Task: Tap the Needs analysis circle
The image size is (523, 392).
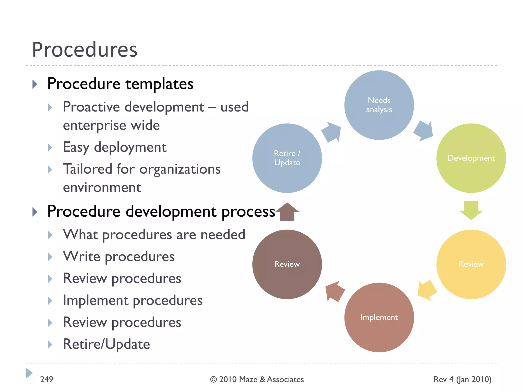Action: click(379, 105)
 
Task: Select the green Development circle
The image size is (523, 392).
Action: click(471, 158)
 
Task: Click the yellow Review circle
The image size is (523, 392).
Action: click(471, 264)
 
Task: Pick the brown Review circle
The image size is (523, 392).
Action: click(287, 264)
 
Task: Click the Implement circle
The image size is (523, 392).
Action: click(379, 317)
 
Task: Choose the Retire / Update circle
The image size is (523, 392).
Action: click(287, 158)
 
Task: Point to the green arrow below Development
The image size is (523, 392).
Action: click(471, 210)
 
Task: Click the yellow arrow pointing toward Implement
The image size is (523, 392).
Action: click(427, 290)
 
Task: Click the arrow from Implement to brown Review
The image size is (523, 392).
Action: click(335, 291)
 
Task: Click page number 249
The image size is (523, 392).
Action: click(46, 379)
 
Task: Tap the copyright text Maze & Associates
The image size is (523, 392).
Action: click(257, 379)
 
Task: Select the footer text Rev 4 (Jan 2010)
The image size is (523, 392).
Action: click(462, 379)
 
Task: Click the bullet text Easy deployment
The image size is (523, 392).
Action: click(115, 147)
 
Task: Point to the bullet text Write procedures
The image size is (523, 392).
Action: click(119, 256)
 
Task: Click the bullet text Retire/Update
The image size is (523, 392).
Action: click(106, 344)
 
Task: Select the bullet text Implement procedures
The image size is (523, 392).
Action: click(133, 300)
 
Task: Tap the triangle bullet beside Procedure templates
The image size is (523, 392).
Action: click(35, 84)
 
